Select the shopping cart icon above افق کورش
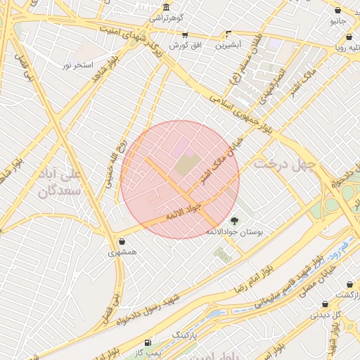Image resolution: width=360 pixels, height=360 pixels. coord(185,34)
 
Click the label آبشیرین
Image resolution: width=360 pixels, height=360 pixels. coord(229,44)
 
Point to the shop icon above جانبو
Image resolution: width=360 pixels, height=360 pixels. coord(338,11)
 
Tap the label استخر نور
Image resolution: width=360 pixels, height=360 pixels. coord(77,65)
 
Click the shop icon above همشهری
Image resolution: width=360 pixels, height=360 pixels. coord(122,241)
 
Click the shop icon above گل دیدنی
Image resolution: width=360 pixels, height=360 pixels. coord(325,304)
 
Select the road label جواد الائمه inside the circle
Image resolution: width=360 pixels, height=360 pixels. coord(184,210)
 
